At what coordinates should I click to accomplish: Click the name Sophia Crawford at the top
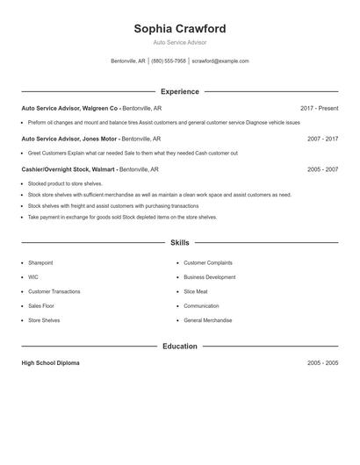[179, 28]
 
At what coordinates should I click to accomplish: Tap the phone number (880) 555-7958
[169, 61]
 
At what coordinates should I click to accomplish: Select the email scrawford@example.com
[220, 61]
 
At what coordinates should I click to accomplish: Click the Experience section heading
[179, 91]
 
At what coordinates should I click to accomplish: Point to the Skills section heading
[179, 242]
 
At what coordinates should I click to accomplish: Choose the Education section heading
[179, 347]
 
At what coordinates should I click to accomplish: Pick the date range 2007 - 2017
[322, 139]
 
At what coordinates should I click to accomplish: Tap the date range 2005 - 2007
[322, 169]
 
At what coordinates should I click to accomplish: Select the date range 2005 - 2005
[322, 363]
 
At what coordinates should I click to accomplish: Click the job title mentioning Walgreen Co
[69, 108]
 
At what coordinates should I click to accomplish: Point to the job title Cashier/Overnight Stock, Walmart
[68, 169]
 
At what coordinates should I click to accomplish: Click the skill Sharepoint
[40, 262]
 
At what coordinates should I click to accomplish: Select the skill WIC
[33, 277]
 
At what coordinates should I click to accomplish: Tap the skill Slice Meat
[196, 291]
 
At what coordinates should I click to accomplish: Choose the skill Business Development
[209, 277]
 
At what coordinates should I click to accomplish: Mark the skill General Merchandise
[208, 320]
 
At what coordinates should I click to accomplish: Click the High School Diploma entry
[50, 363]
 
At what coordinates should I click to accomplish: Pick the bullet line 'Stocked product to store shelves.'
[65, 184]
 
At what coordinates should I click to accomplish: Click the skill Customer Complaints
[208, 262]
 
